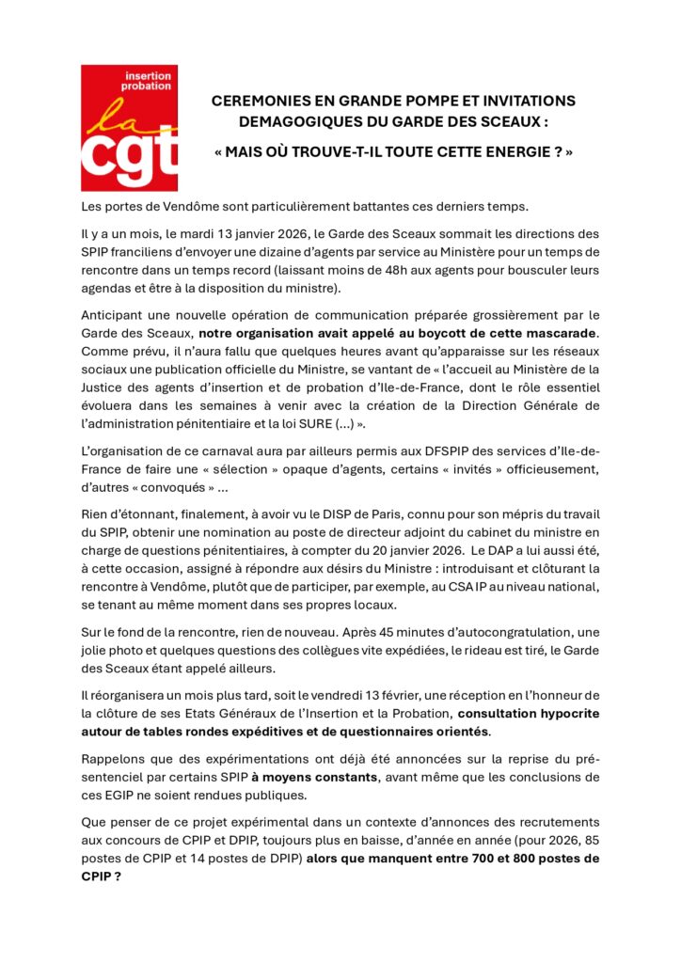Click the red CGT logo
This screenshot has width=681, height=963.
pyautogui.click(x=129, y=127)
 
